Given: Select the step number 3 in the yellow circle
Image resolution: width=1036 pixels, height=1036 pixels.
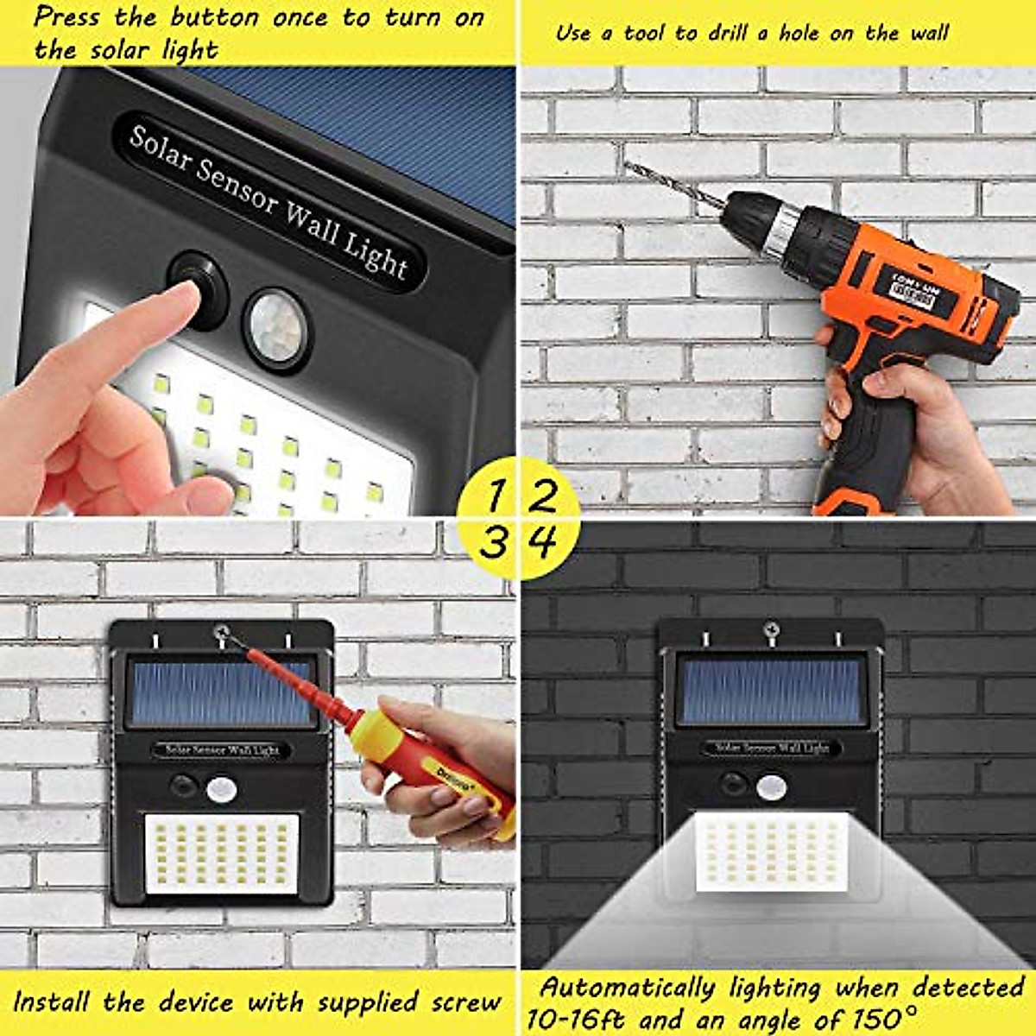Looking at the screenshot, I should tap(494, 543).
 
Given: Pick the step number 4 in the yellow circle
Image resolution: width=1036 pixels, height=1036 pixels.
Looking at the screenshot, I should tap(543, 542).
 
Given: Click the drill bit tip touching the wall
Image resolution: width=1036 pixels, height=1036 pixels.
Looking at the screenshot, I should tap(627, 163).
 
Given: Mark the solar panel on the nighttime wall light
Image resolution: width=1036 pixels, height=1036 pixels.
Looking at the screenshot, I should tap(771, 689).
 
